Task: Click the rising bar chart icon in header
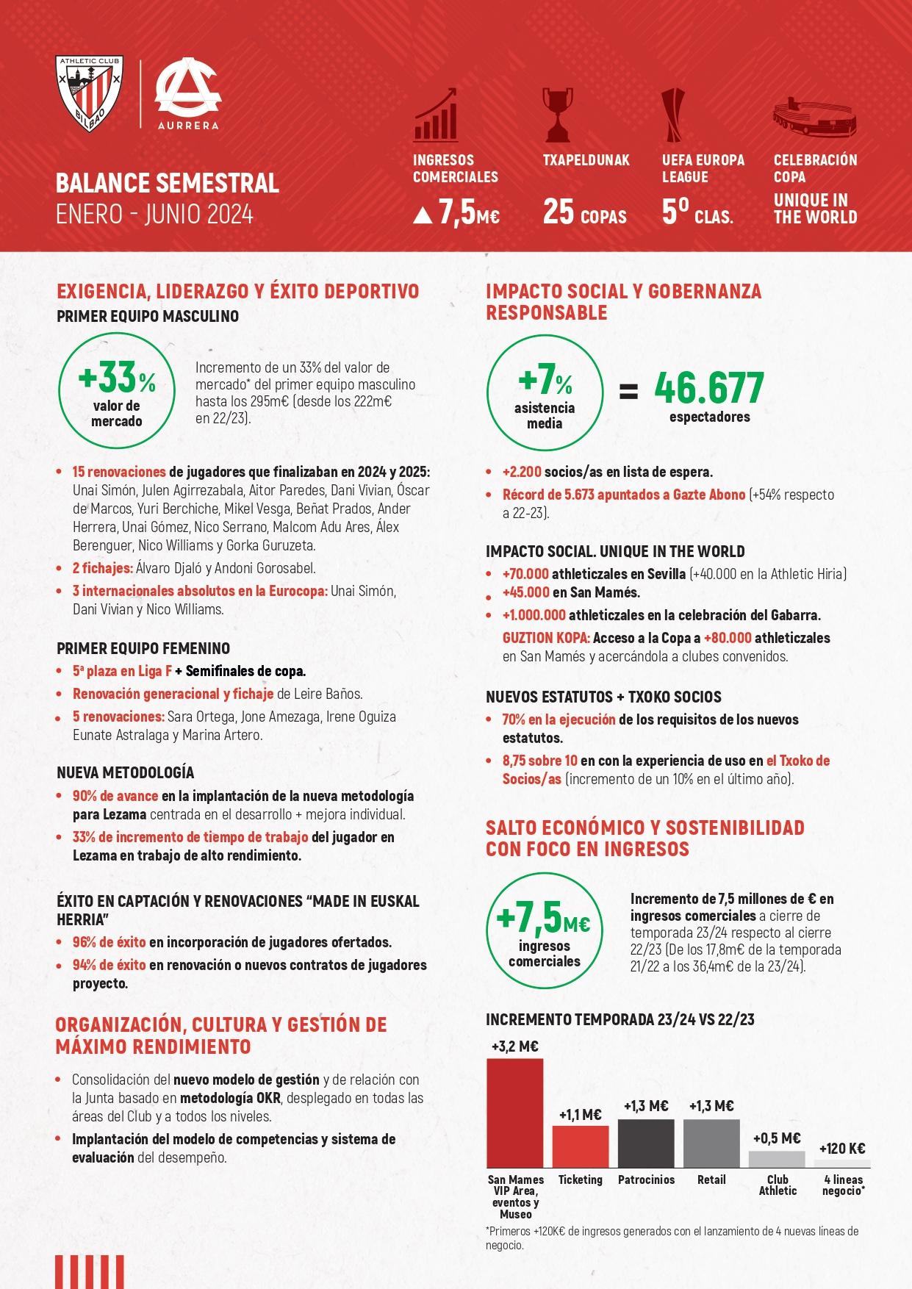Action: (x=436, y=115)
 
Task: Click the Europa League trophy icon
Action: (x=672, y=115)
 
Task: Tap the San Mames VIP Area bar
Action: (x=514, y=1113)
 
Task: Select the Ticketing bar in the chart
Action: (x=580, y=1146)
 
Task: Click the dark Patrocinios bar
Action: (x=645, y=1143)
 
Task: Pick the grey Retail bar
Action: (x=711, y=1143)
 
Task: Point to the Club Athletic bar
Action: (x=777, y=1159)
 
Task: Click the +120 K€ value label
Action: (x=842, y=1148)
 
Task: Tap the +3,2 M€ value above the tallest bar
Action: (x=514, y=1046)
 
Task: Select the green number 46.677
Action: (x=709, y=389)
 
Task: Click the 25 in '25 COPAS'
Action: (x=558, y=212)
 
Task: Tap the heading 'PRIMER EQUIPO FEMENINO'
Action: (x=143, y=648)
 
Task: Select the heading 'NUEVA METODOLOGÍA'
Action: (x=125, y=772)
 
